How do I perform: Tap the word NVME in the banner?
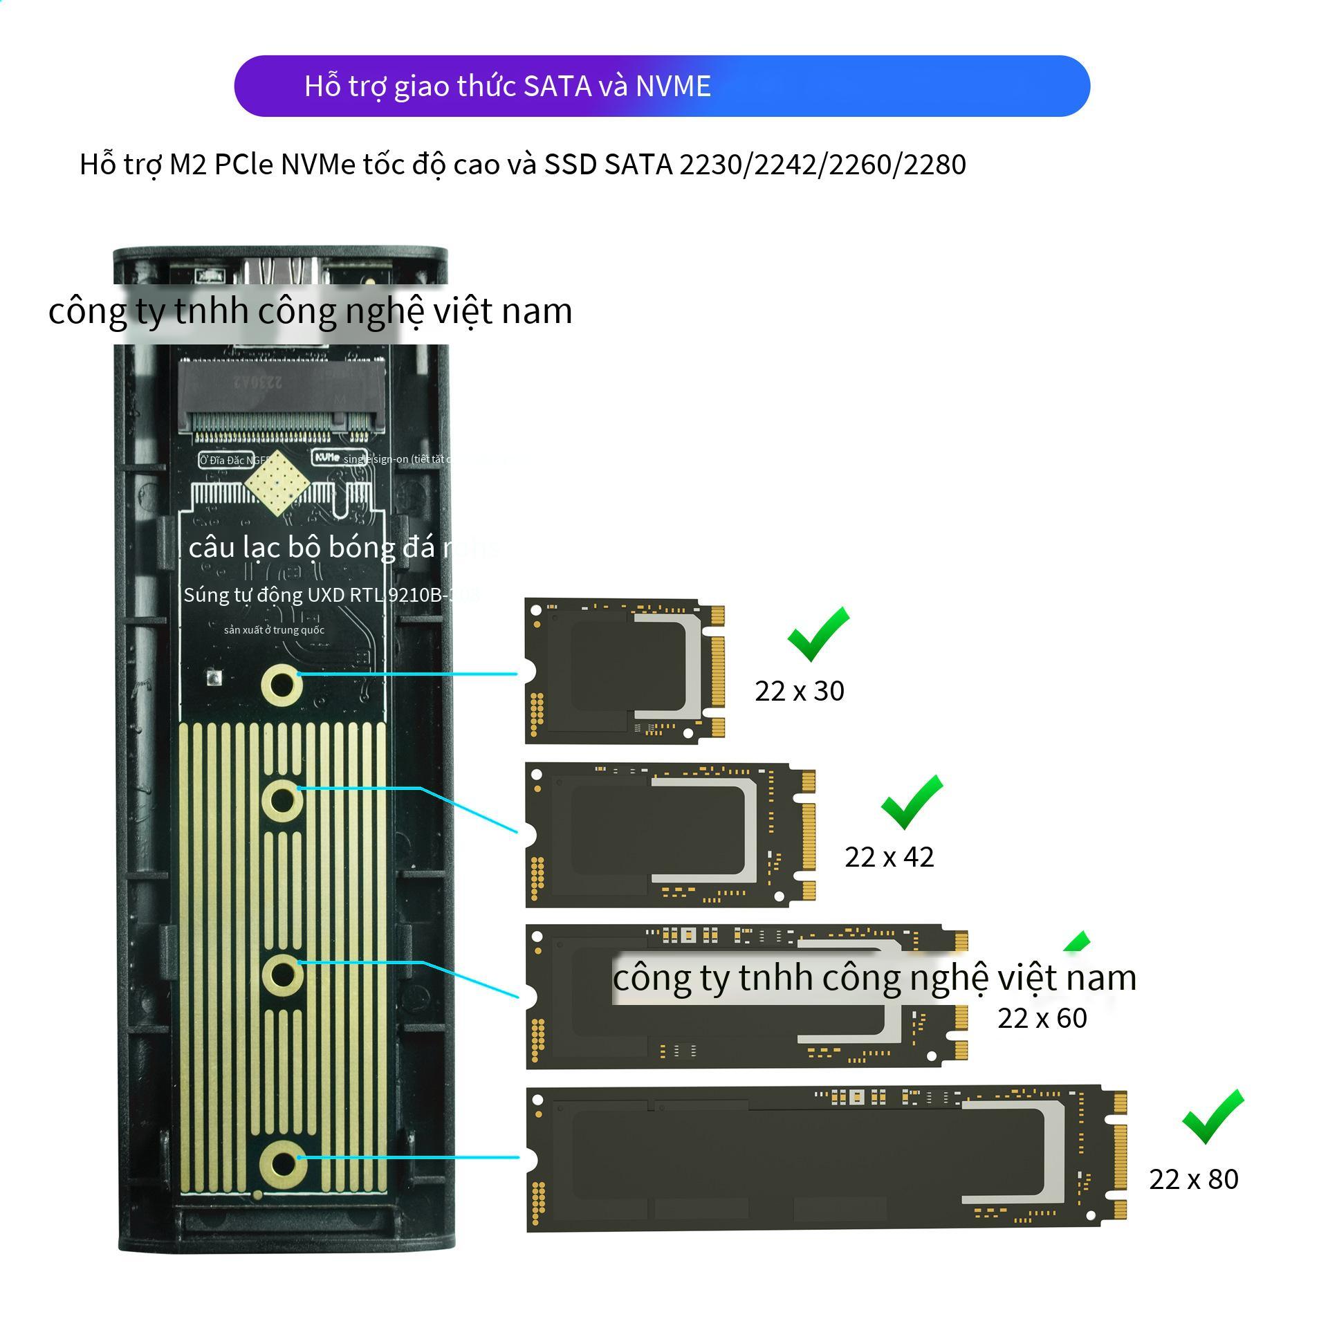pyautogui.click(x=673, y=86)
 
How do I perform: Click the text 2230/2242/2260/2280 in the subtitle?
pyautogui.click(x=822, y=165)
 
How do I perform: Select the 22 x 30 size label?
pyautogui.click(x=799, y=691)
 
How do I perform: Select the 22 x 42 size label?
pyautogui.click(x=889, y=857)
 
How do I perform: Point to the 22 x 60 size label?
pyautogui.click(x=1042, y=1018)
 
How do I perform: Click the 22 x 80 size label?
pyautogui.click(x=1193, y=1179)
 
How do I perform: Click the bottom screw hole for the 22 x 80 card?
pyautogui.click(x=282, y=1163)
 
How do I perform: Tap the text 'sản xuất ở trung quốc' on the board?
pyautogui.click(x=274, y=630)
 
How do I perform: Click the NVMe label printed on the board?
pyautogui.click(x=327, y=458)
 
